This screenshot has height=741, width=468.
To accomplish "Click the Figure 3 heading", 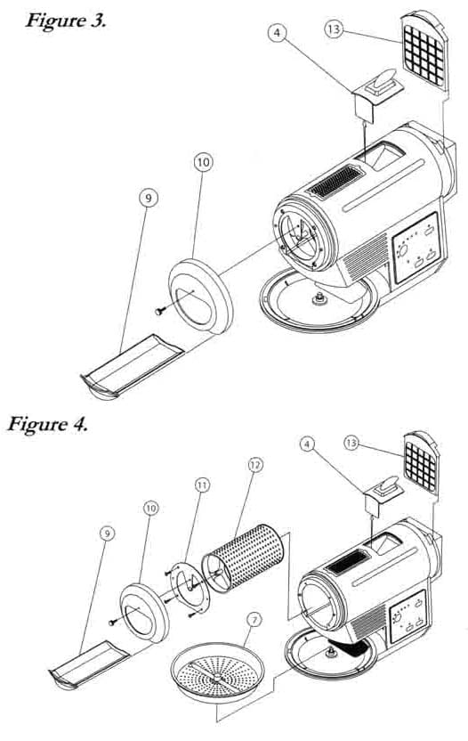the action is click(x=66, y=20).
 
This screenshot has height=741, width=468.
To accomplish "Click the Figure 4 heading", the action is click(x=47, y=423).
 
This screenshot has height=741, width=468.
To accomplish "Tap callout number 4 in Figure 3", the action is click(x=278, y=33).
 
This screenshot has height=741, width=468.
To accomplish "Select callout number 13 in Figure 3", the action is click(x=334, y=29).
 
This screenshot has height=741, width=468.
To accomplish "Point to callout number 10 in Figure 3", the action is click(x=203, y=163).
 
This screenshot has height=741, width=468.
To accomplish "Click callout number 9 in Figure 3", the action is click(x=149, y=199).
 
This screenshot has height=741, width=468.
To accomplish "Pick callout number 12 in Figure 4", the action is click(x=255, y=466).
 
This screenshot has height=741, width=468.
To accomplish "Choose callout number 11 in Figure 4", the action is click(x=202, y=485).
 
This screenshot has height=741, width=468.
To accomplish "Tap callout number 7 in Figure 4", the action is click(x=254, y=620).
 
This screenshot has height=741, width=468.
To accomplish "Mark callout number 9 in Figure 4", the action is click(x=108, y=533).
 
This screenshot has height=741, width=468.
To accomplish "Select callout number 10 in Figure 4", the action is click(x=150, y=509).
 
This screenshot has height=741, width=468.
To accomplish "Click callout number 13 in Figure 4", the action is click(x=351, y=444).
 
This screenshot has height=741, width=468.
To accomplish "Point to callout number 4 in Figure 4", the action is click(x=308, y=444).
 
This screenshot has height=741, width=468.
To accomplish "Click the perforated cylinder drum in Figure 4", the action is click(x=243, y=558).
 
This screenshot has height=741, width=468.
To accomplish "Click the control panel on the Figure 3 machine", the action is click(x=416, y=248).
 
